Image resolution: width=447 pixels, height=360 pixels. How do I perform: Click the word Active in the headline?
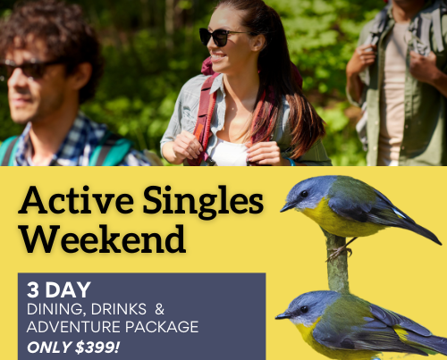[76, 200]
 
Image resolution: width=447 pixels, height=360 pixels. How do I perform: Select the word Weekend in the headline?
[104, 239]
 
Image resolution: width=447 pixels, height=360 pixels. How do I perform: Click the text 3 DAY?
[59, 289]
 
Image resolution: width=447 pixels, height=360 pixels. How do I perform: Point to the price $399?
[97, 347]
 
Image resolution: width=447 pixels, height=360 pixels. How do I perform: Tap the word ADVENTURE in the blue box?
[73, 327]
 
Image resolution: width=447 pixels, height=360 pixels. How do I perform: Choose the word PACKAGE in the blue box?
[162, 327]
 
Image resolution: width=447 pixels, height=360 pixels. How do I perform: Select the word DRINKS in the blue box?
[119, 309]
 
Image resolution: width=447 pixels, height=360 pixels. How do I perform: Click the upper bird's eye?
[304, 194]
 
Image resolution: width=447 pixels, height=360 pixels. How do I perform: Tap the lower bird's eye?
[304, 309]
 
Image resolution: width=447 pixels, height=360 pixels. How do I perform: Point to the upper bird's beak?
[288, 207]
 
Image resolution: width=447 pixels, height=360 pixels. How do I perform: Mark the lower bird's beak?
[283, 315]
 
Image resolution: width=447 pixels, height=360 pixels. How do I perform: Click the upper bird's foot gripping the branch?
[339, 253]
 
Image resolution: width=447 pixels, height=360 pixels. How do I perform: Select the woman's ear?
[258, 43]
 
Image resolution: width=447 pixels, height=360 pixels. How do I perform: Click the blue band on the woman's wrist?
[290, 161]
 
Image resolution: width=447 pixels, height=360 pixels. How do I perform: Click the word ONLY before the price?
[49, 347]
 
